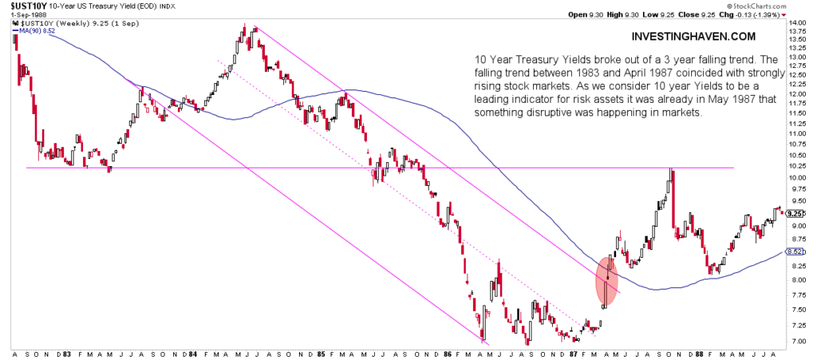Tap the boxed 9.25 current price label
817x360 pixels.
click(x=795, y=214)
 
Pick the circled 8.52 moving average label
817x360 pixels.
click(x=795, y=251)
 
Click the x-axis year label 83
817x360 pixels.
click(x=65, y=353)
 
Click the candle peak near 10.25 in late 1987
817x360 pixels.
click(x=672, y=170)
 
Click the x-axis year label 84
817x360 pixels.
click(x=194, y=353)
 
